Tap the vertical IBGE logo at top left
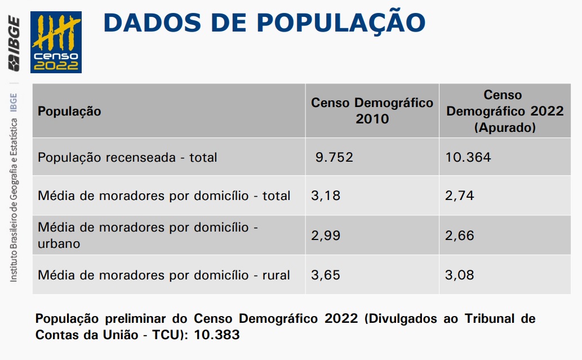14,45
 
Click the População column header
69,111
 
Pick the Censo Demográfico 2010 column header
372,110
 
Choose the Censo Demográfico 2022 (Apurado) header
504,111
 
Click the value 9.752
334,157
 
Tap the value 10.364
468,157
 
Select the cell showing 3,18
326,195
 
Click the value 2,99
326,235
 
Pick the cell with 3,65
326,275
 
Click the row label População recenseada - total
127,157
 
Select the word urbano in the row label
59,244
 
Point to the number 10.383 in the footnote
217,335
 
